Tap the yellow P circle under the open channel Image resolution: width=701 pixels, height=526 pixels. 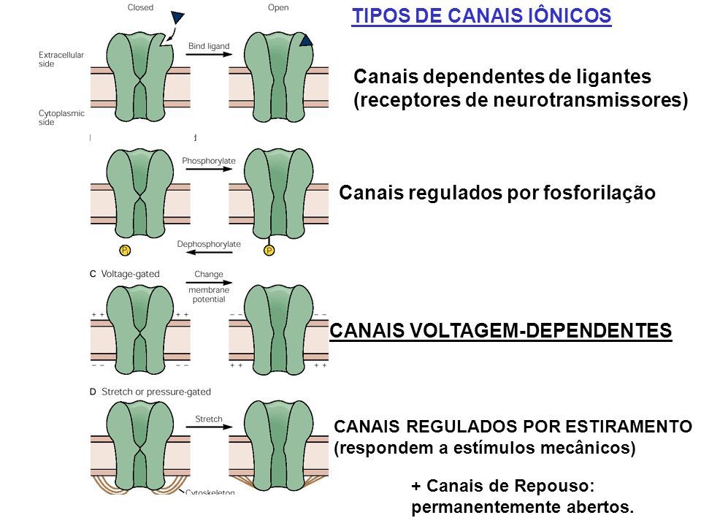269,251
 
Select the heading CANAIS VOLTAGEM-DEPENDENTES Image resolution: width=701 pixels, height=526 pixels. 501,331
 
